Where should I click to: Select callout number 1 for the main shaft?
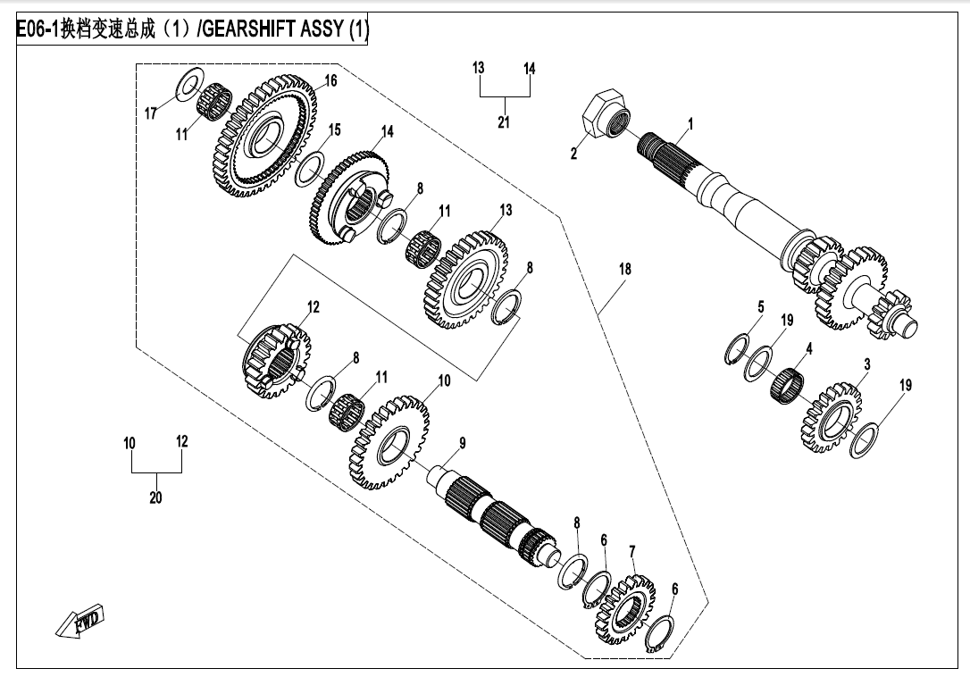690,124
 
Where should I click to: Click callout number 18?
625,268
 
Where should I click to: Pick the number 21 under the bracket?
504,122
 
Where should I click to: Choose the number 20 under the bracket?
155,497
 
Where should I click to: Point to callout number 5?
760,307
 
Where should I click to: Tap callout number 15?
334,130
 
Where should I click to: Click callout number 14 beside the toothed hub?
387,131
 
